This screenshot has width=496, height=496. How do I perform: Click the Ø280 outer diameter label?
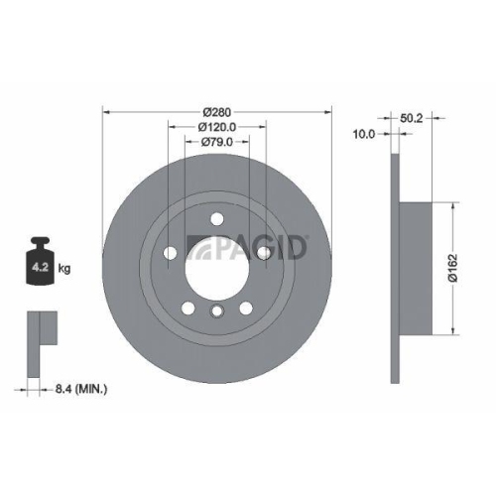[217, 110]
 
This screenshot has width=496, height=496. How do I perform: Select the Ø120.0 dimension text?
[217, 126]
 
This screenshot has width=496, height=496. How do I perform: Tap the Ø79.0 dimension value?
[217, 142]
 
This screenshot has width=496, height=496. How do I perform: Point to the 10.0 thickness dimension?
[364, 133]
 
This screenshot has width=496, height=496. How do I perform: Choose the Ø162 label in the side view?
[452, 268]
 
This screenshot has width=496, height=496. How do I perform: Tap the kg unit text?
[64, 268]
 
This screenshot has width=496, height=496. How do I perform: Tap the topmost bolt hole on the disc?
[217, 219]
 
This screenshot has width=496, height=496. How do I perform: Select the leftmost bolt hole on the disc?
[170, 253]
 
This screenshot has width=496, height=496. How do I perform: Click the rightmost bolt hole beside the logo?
[264, 254]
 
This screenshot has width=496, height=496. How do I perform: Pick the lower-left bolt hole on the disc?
[188, 309]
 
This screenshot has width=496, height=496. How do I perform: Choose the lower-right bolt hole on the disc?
[245, 309]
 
